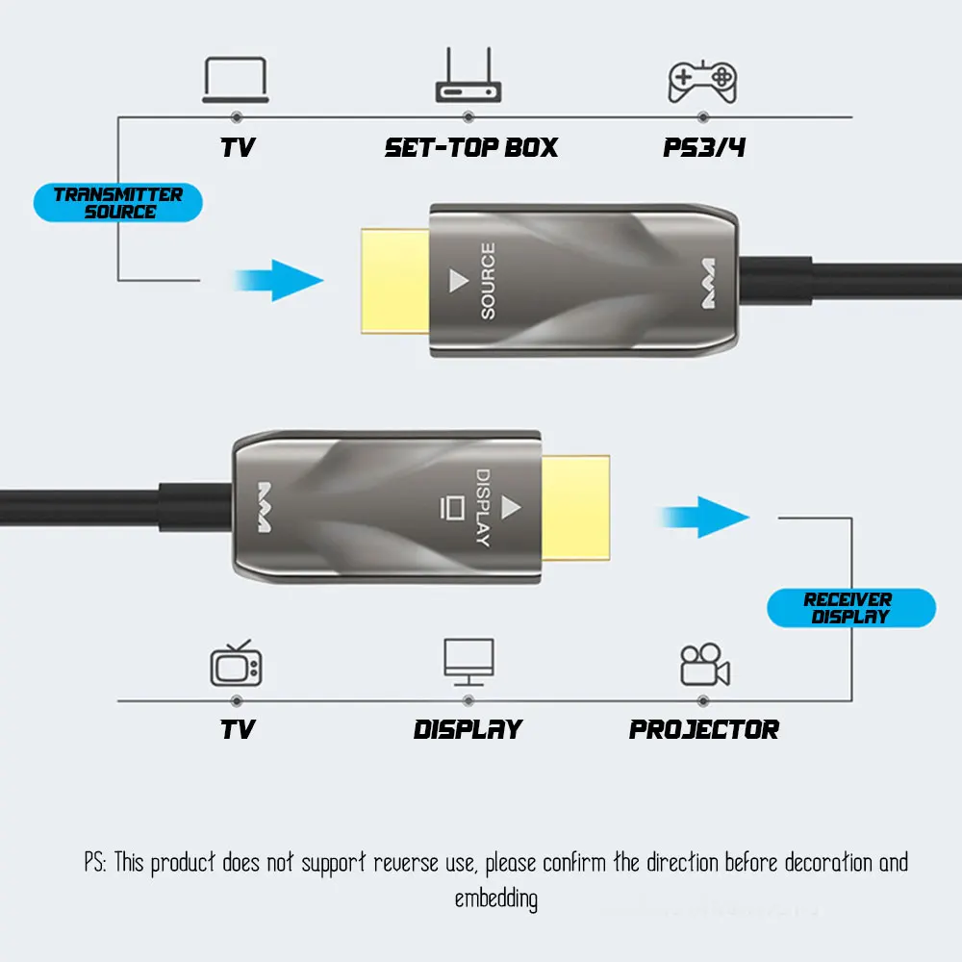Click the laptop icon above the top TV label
pos(236,80)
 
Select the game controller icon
pos(702,82)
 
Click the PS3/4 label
pos(704,147)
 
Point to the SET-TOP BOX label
pos(471,147)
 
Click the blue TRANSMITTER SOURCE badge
pos(117,202)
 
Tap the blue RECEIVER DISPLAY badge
pos(851,608)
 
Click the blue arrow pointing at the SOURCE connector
pos(279,280)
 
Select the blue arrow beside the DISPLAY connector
pos(704,518)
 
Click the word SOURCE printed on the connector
pos(488,281)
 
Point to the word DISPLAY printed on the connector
pos(484,507)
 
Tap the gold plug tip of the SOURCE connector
pos(395,281)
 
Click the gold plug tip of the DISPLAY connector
pos(575,508)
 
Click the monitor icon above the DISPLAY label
pos(468,662)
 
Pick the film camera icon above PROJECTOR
pos(705,664)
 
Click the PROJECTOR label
pos(704,729)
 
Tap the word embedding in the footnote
pos(496,899)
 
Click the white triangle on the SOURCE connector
pos(458,280)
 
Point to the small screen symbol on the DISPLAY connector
pos(452,508)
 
